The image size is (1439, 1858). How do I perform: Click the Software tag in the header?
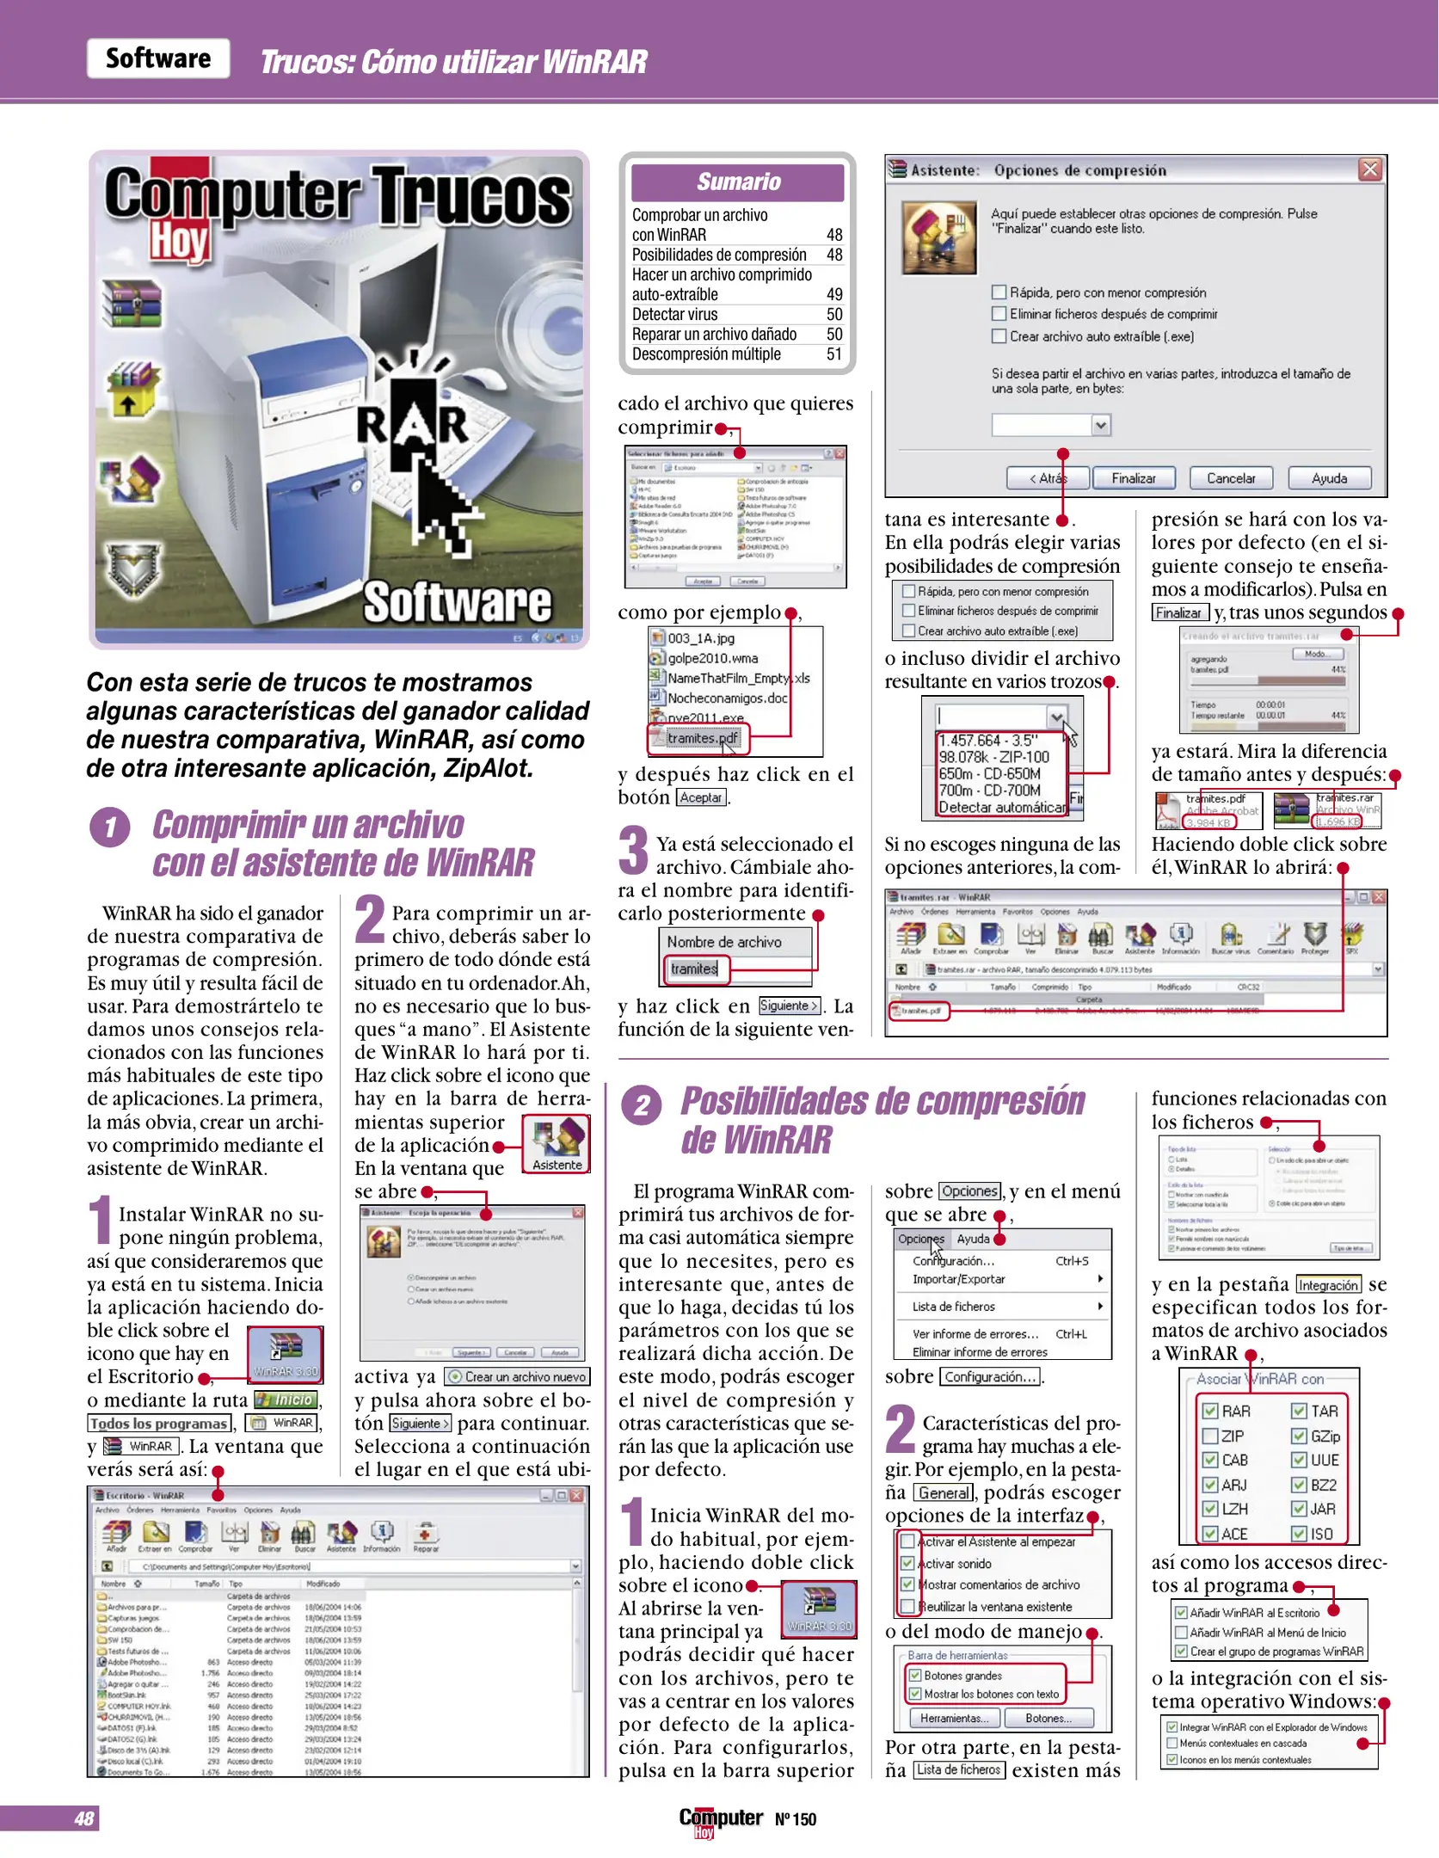(x=158, y=58)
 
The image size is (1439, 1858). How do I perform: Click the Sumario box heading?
(x=737, y=182)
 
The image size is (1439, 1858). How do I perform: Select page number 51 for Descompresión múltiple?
(x=833, y=354)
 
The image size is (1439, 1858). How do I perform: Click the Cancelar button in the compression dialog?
(x=1230, y=478)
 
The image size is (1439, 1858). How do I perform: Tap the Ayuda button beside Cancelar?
(x=1329, y=478)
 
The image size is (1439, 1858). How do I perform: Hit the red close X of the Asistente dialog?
(x=1370, y=169)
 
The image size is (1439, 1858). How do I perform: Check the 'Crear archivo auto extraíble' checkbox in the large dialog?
(x=999, y=336)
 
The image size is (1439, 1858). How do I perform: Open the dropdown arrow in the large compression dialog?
(x=1100, y=425)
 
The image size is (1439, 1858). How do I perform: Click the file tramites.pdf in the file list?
(x=702, y=738)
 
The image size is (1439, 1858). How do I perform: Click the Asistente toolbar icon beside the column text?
(x=557, y=1144)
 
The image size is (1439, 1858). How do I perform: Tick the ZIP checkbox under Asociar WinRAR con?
(x=1210, y=1436)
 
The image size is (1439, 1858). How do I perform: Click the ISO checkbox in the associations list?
(x=1299, y=1534)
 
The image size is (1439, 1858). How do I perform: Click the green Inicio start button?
(x=286, y=1400)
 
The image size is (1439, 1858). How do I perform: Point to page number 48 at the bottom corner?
(x=84, y=1818)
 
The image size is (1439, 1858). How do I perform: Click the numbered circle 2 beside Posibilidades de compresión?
(x=642, y=1105)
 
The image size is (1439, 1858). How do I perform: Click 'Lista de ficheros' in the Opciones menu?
(x=953, y=1307)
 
